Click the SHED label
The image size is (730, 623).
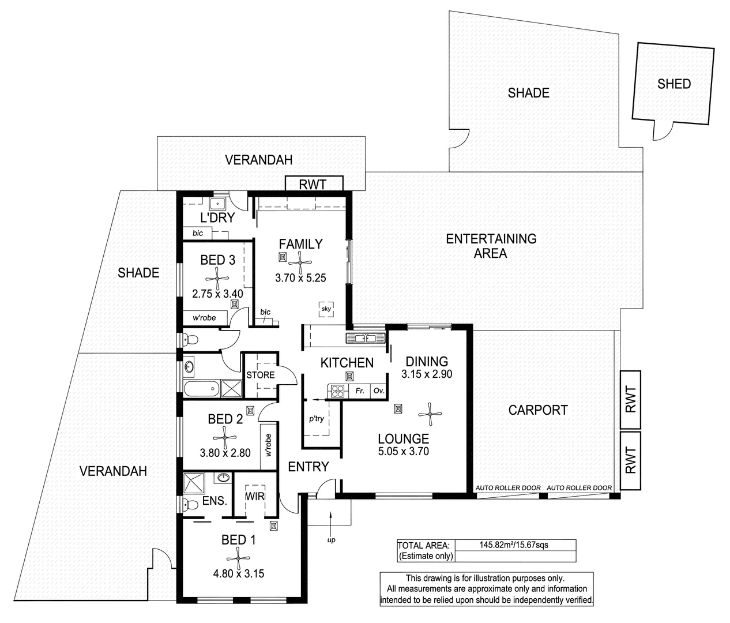(x=673, y=84)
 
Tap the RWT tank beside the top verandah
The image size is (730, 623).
(x=314, y=184)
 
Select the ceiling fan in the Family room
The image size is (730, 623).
(x=300, y=260)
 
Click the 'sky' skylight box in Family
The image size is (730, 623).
(x=326, y=309)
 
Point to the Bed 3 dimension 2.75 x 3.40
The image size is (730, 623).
(x=217, y=294)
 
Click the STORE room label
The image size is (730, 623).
(x=261, y=375)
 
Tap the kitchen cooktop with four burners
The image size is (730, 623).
(x=337, y=391)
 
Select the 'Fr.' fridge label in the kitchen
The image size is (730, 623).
(x=360, y=391)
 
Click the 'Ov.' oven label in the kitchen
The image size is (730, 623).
(x=378, y=391)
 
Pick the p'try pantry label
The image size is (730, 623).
(x=317, y=419)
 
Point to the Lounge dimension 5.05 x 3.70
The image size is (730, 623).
(x=403, y=452)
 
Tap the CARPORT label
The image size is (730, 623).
(x=538, y=410)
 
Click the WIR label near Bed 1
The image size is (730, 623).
(x=255, y=496)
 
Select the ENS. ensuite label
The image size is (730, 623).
(x=214, y=501)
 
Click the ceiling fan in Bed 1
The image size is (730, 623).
(x=238, y=557)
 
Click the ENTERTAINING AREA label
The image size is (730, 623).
(x=491, y=246)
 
